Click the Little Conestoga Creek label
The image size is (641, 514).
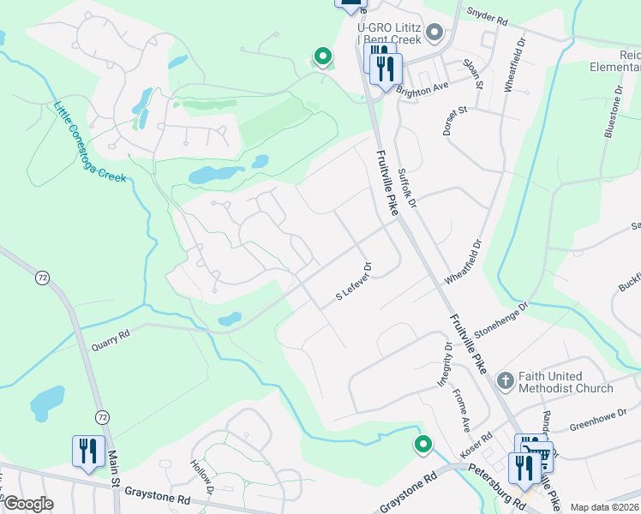pos(89,142)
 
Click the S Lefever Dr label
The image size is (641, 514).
pos(351,283)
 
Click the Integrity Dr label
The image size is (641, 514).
pos(446,363)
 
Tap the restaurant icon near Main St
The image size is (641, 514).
pos(88,451)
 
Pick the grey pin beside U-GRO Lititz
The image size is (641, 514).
pos(434,33)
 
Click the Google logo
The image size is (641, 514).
pos(29,503)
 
